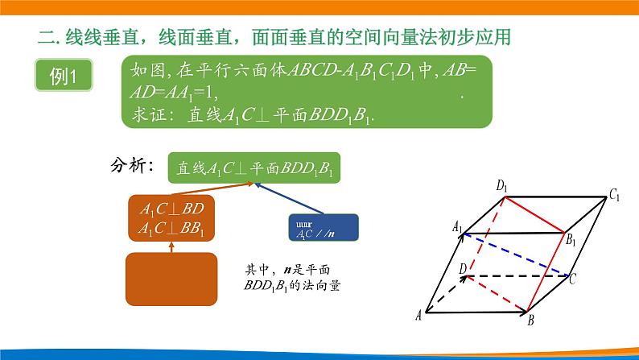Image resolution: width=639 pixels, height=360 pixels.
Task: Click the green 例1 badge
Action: (x=62, y=78)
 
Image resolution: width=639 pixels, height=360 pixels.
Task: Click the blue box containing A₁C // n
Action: (x=322, y=226)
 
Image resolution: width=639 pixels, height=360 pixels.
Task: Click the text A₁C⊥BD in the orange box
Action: (x=171, y=209)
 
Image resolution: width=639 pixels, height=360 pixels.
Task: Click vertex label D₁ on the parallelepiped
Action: (x=501, y=187)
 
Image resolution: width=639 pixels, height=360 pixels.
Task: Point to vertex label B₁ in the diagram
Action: (x=571, y=240)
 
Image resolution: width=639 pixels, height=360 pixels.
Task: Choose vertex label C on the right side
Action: (x=572, y=280)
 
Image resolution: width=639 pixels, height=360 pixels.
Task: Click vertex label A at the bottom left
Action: (x=418, y=317)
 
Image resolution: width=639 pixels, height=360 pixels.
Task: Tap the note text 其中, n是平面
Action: (x=287, y=269)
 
